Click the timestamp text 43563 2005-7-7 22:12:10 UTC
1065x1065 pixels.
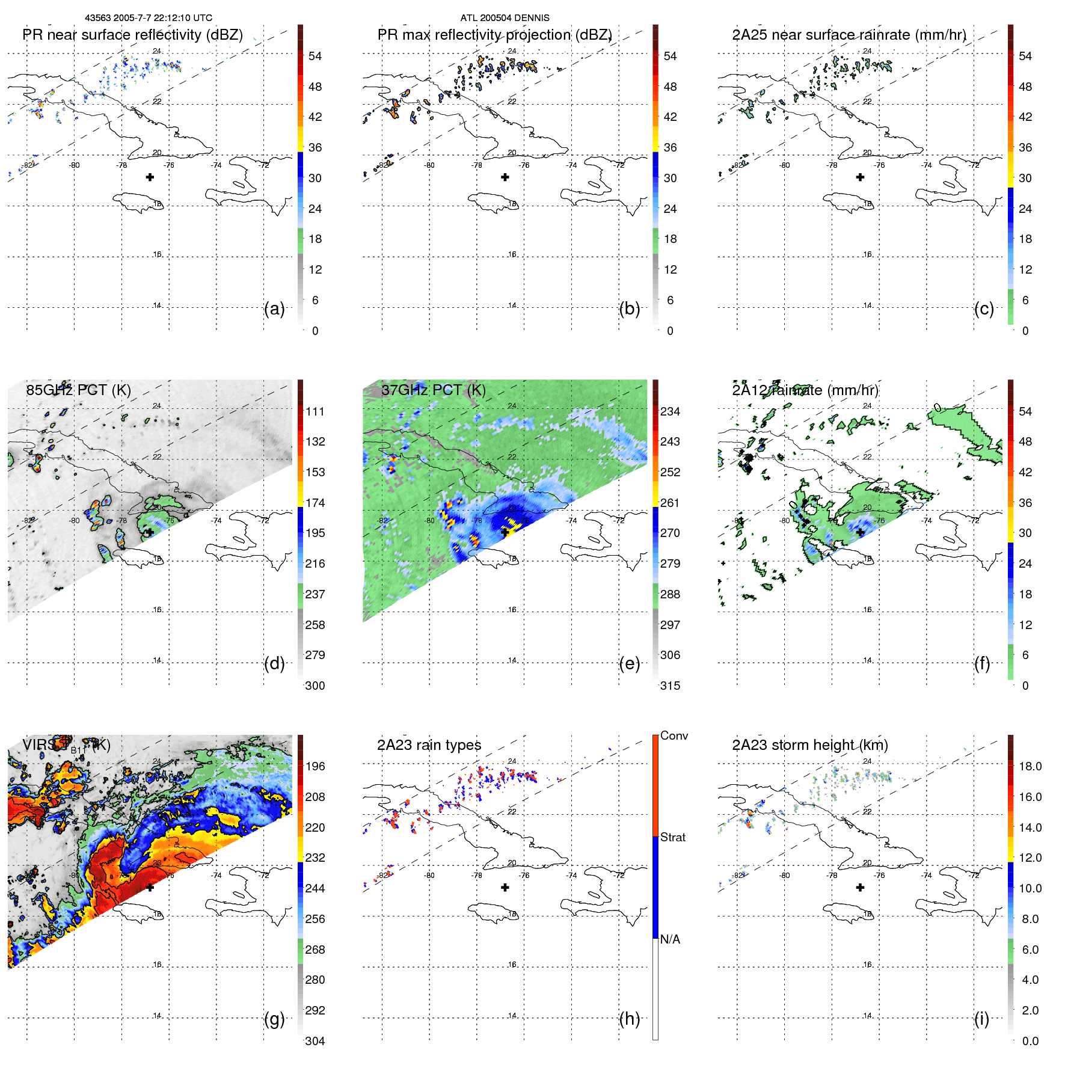click(148, 18)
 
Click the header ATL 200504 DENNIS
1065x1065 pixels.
click(505, 18)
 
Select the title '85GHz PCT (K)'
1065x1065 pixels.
click(78, 390)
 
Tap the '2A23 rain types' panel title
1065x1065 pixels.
click(429, 745)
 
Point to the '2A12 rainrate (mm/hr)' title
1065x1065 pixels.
click(805, 390)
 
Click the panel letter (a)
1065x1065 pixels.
click(274, 308)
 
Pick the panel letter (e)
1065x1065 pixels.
click(629, 663)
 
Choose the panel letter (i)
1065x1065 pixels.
click(981, 1019)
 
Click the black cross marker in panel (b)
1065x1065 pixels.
click(505, 177)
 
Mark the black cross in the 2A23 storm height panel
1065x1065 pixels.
click(860, 887)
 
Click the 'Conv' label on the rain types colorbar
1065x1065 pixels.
click(674, 735)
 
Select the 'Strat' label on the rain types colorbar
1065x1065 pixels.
click(672, 837)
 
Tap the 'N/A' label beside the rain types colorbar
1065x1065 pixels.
click(670, 939)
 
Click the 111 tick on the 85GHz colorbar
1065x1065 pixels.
click(315, 411)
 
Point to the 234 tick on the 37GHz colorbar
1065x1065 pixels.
click(670, 411)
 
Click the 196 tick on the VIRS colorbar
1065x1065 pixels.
click(315, 766)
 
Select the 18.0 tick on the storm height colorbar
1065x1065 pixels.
click(1030, 766)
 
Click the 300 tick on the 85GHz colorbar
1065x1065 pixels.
click(315, 686)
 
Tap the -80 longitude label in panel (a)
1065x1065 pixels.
click(74, 165)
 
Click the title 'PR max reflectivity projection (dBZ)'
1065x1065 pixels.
click(494, 35)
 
